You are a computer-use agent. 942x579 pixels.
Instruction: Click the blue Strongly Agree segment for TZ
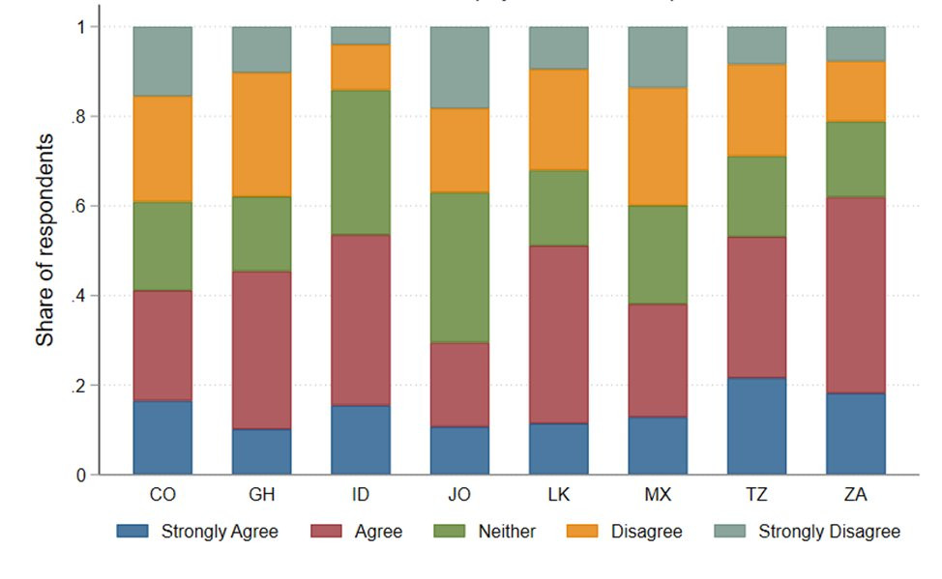tap(756, 425)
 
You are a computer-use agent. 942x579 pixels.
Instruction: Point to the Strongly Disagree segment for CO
tap(162, 61)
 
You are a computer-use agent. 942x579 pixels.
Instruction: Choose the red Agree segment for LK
tap(558, 334)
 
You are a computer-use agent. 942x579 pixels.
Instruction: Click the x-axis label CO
tap(162, 495)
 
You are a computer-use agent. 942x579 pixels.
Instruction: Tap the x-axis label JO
tap(458, 495)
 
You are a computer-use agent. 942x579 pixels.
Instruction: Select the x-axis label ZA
tap(855, 495)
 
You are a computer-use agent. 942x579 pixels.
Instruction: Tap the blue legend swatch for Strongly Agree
tap(133, 531)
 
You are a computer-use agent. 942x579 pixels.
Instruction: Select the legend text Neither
tap(508, 531)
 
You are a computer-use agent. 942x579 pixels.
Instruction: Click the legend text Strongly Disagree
tap(829, 531)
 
